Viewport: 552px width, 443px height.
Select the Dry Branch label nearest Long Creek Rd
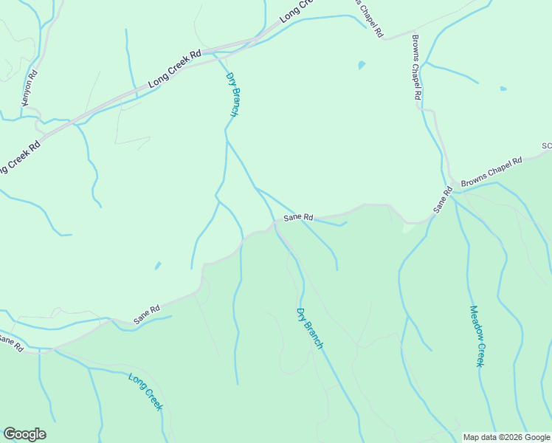pyautogui.click(x=232, y=94)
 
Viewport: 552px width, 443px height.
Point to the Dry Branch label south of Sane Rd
pyautogui.click(x=310, y=328)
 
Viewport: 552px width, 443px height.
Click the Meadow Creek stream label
pyautogui.click(x=476, y=336)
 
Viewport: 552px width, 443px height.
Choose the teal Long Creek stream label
pyautogui.click(x=145, y=392)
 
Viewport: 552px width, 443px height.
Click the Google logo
pyautogui.click(x=24, y=434)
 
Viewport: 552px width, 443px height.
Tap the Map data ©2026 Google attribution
pyautogui.click(x=506, y=437)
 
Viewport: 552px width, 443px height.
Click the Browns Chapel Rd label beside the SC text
pyautogui.click(x=491, y=171)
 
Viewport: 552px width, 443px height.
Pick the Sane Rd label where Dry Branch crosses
pyautogui.click(x=299, y=218)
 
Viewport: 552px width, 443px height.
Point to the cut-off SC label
pyautogui.click(x=547, y=146)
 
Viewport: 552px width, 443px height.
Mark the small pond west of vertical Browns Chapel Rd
pyautogui.click(x=361, y=65)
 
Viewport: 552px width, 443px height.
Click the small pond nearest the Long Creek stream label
pyautogui.click(x=157, y=266)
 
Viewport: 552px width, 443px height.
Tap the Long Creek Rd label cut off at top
pyautogui.click(x=297, y=11)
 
